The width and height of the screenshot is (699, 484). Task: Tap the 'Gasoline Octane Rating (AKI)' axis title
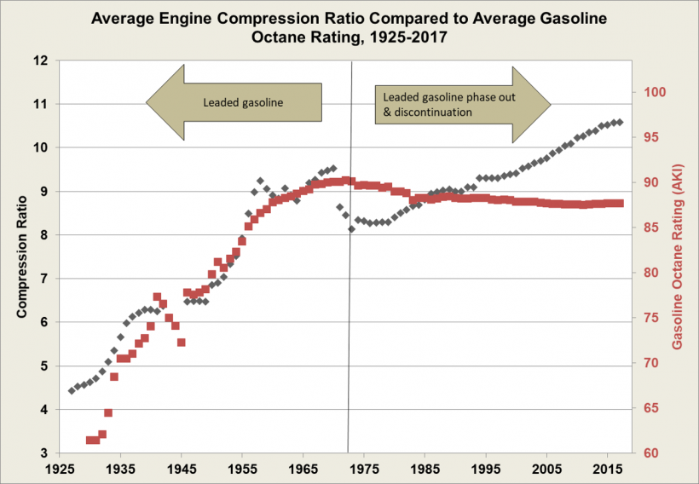pos(679,256)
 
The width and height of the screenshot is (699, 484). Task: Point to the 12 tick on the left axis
pos(39,60)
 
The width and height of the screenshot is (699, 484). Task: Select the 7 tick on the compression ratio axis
pos(43,279)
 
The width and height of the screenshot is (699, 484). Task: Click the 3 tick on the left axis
pos(43,453)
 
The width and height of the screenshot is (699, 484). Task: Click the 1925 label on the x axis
pos(60,470)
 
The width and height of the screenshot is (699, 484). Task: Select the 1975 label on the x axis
pos(364,470)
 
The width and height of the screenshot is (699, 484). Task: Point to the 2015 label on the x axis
pos(607,470)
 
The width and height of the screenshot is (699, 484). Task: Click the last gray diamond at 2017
pos(620,122)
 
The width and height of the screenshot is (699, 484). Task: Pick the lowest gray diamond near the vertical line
pos(351,229)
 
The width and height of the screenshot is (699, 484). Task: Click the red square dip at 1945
pos(182,343)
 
